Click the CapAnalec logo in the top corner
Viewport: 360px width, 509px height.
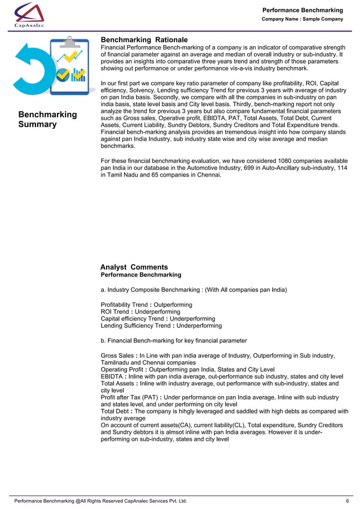[30, 14]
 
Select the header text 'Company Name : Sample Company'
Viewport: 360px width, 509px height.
[302, 19]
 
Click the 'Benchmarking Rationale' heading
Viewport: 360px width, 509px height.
[144, 40]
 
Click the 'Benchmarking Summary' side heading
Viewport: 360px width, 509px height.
[47, 119]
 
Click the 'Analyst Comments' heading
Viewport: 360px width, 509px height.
[134, 267]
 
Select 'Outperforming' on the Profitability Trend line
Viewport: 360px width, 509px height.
[173, 305]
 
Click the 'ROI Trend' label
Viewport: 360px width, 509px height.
[114, 312]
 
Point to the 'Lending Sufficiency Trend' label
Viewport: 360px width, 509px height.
[135, 326]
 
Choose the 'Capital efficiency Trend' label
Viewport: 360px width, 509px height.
[132, 319]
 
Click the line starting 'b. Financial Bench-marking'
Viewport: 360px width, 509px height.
[173, 341]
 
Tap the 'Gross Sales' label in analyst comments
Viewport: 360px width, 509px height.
[117, 356]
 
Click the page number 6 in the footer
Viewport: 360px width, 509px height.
[347, 501]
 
